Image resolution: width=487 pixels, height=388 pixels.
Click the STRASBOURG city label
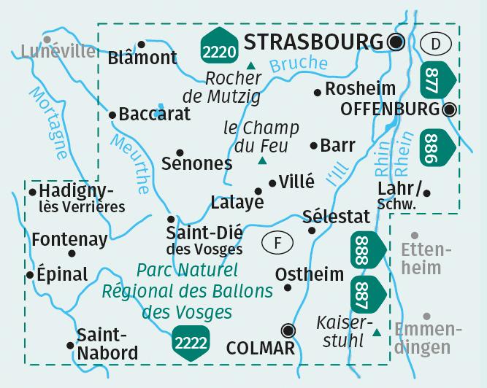(x=314, y=41)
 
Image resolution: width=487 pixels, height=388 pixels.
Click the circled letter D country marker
(x=436, y=44)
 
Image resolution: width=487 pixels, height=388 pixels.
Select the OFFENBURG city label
(x=391, y=110)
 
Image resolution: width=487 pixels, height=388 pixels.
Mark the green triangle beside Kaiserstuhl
(x=377, y=333)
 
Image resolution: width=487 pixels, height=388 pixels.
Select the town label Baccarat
(x=154, y=114)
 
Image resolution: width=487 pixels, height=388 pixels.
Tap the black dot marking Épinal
(x=29, y=276)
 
